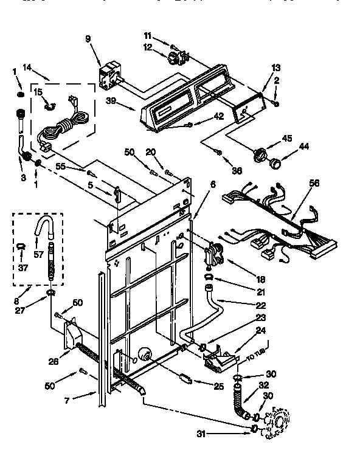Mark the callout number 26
(53, 361)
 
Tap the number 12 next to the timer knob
(147, 47)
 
